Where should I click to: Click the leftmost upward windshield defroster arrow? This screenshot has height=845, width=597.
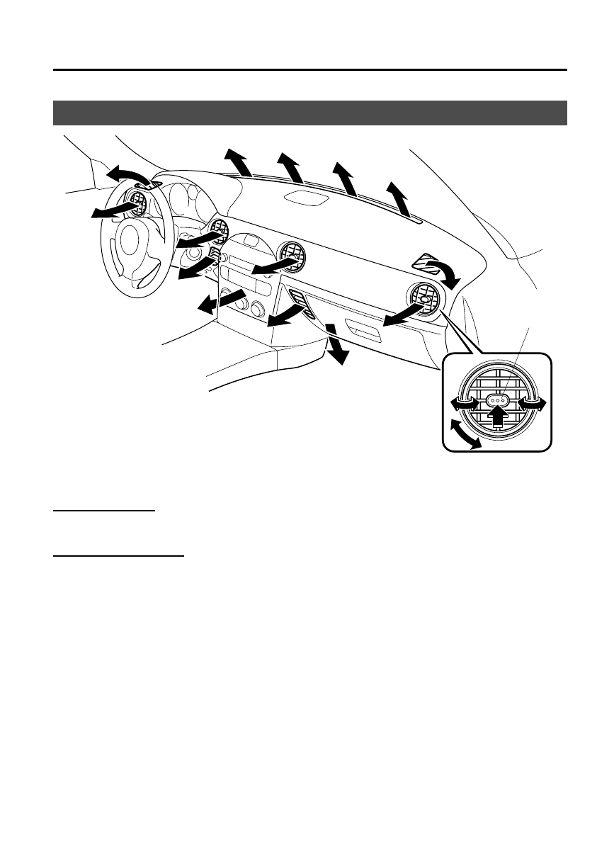[238, 162]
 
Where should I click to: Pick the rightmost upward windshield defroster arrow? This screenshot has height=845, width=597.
[399, 198]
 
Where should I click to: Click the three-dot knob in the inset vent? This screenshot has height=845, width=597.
[498, 401]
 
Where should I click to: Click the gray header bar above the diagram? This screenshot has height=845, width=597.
[311, 113]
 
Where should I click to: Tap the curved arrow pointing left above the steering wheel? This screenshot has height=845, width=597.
[128, 176]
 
